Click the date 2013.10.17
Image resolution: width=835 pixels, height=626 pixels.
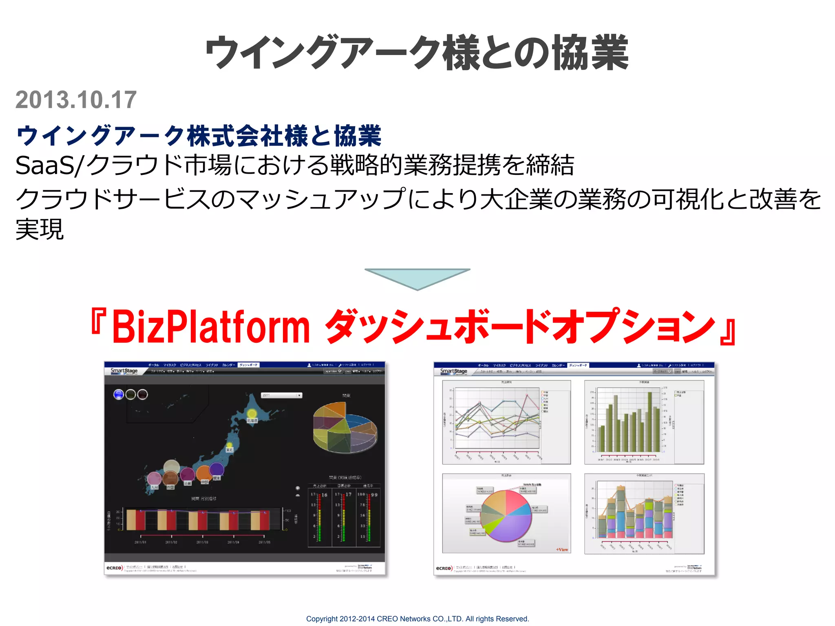coord(76,100)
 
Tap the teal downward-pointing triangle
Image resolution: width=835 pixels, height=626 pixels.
coord(417,277)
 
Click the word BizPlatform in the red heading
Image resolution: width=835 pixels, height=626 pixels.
coord(211,326)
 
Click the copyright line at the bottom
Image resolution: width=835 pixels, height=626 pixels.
coord(417,619)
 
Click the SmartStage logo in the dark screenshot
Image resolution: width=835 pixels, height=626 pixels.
coord(124,371)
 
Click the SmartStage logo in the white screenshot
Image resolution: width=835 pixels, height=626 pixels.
coord(453,371)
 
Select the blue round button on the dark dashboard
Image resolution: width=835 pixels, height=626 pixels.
coord(118,395)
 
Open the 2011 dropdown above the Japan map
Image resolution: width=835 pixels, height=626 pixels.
coord(281,395)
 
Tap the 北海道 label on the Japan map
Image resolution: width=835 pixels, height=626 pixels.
coord(252,420)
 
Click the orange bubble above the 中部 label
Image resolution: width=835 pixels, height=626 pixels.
coord(203,473)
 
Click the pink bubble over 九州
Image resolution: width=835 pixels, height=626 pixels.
coord(154,478)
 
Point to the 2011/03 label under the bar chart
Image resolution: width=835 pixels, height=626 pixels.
coord(202,542)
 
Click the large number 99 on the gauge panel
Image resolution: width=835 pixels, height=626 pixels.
coord(374,495)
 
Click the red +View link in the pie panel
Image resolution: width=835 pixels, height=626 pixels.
coord(562,549)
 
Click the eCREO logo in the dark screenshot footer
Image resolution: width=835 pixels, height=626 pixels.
coord(114,568)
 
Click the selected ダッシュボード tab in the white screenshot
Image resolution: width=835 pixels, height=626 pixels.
coord(578,365)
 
